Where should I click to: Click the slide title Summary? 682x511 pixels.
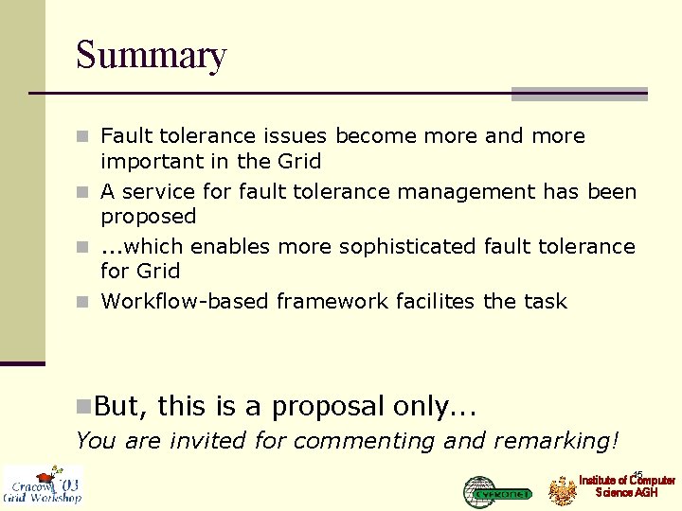[152, 55]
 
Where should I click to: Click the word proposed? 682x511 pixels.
[149, 217]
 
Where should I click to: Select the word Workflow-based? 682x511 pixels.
[186, 302]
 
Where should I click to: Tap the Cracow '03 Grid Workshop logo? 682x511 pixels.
[43, 485]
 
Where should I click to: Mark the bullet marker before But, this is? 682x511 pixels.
[83, 408]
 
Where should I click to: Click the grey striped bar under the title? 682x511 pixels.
[579, 94]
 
